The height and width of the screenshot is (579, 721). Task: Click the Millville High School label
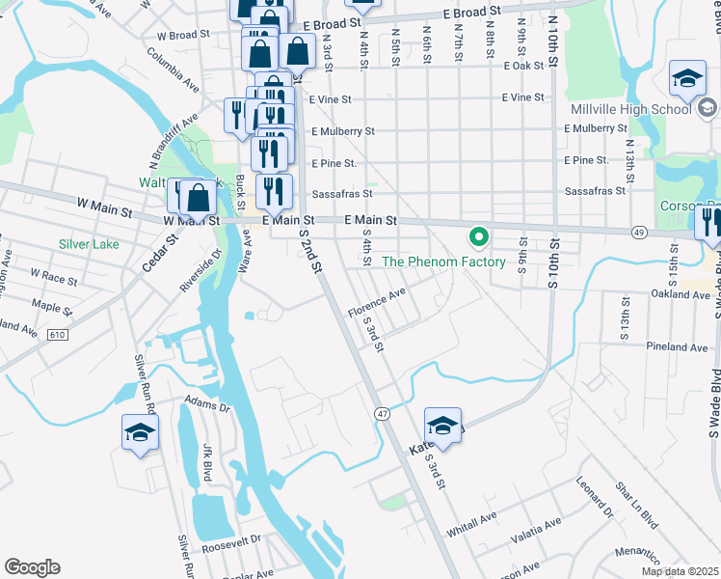point(645,108)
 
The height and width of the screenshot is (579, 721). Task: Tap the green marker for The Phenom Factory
point(477,236)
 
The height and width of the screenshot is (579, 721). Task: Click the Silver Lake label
point(89,244)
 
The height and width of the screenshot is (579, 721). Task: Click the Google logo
point(32,567)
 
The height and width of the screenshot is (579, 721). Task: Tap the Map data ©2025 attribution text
point(679,571)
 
